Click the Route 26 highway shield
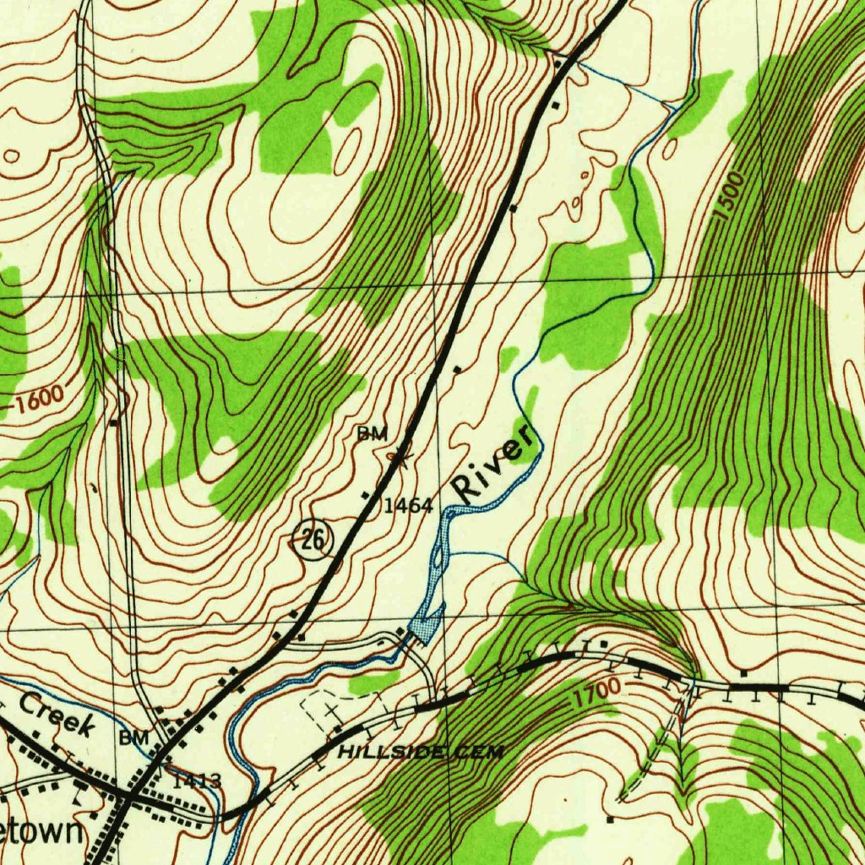coord(313,539)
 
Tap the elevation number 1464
coord(408,507)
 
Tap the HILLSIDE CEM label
coord(420,752)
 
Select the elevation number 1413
coord(197,781)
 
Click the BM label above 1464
coord(372,434)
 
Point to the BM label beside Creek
coord(133,738)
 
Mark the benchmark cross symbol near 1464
coord(400,459)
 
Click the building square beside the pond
coord(401,631)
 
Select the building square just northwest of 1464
coord(366,494)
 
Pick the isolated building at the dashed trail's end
coord(610,819)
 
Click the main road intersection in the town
coord(128,795)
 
